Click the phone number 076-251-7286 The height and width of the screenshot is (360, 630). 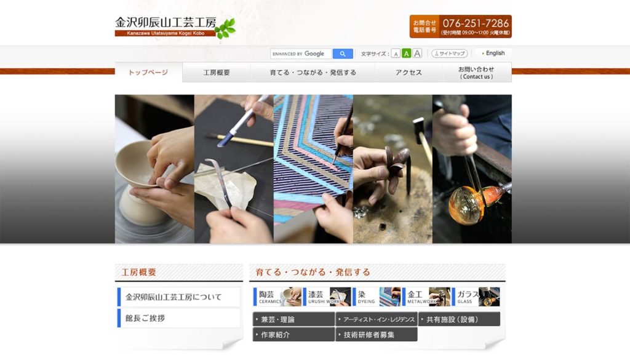[x=476, y=23]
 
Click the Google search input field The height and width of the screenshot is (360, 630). [x=301, y=54]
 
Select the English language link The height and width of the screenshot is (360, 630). [x=493, y=54]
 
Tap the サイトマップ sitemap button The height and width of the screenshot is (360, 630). [x=449, y=54]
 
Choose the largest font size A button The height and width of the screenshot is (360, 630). [x=417, y=54]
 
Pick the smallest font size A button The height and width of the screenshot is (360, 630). [x=396, y=54]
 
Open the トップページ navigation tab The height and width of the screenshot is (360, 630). [x=148, y=73]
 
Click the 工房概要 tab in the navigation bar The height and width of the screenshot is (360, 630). [x=217, y=73]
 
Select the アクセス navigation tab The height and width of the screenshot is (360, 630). [x=409, y=73]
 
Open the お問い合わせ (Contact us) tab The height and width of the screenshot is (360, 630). [x=477, y=73]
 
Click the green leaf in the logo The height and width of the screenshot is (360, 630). [x=225, y=28]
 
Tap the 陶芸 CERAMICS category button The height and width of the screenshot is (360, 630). [x=277, y=297]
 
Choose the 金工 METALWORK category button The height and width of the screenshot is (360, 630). [x=428, y=297]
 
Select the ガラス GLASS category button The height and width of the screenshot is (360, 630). [x=477, y=297]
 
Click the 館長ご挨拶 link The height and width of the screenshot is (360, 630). [x=178, y=318]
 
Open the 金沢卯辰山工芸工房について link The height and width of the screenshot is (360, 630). [x=178, y=297]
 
